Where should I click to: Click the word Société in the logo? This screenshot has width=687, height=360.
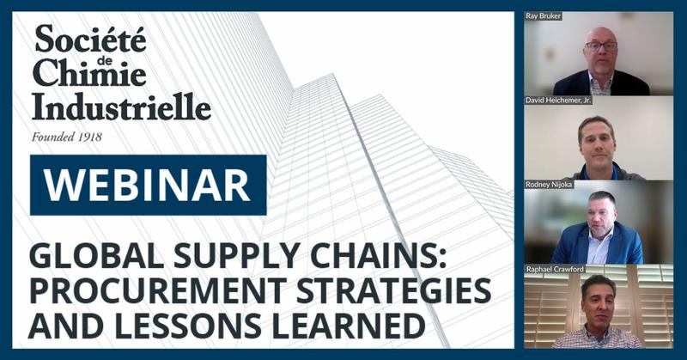[x=90, y=40]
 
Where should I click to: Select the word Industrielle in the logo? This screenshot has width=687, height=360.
[x=120, y=107]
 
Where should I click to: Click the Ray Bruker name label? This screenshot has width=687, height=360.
[x=543, y=16]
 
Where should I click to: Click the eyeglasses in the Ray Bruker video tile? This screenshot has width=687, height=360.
[x=600, y=46]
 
